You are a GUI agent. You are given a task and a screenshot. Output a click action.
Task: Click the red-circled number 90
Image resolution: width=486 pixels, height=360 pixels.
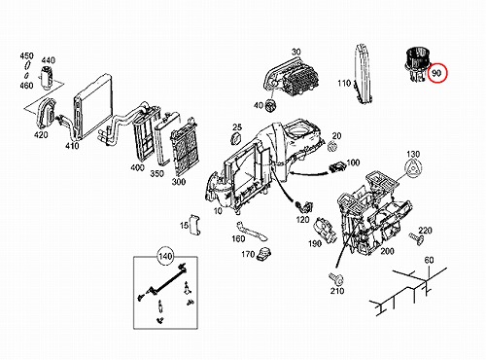(x=436, y=73)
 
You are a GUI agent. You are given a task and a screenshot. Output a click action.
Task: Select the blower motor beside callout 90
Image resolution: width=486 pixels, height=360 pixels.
(x=416, y=65)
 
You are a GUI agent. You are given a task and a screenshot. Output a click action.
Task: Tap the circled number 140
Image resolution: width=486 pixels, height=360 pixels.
(x=165, y=257)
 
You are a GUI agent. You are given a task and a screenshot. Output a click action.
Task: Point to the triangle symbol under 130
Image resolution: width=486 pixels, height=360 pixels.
(x=414, y=169)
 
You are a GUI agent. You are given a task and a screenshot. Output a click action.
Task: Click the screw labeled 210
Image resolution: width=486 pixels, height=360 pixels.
(x=335, y=278)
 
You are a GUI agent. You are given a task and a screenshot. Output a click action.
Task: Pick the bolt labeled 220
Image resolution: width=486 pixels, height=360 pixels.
(x=416, y=238)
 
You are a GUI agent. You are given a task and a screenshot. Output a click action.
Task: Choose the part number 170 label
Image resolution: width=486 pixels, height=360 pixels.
(x=248, y=254)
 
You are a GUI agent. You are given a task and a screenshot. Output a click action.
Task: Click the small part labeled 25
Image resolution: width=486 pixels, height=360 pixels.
(x=235, y=139)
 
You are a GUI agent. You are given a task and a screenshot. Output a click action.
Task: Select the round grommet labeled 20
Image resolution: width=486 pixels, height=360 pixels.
(x=332, y=146)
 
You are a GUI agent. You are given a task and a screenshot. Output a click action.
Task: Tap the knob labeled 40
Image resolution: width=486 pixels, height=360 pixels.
(x=270, y=105)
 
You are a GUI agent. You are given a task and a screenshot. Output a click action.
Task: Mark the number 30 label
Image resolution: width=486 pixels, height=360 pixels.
(x=295, y=52)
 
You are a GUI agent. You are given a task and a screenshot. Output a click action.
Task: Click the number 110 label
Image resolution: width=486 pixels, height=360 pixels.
(x=344, y=84)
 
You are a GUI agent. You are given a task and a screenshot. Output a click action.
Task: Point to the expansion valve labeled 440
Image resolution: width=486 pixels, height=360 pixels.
(x=47, y=77)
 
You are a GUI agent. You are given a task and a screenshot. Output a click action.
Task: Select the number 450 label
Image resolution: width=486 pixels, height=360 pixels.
(x=26, y=56)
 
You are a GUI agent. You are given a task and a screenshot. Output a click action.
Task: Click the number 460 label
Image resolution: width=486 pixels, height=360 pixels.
(x=26, y=86)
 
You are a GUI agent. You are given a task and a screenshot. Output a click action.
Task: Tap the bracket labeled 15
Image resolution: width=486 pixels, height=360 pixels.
(x=195, y=224)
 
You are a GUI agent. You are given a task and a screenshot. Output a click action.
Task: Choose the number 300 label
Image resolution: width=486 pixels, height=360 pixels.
(x=179, y=182)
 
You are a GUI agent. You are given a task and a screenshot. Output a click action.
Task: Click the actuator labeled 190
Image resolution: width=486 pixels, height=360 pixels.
(x=325, y=230)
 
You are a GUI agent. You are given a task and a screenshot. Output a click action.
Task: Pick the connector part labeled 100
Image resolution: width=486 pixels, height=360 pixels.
(x=337, y=167)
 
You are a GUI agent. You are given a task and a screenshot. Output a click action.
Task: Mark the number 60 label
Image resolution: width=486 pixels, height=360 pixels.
(x=429, y=260)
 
